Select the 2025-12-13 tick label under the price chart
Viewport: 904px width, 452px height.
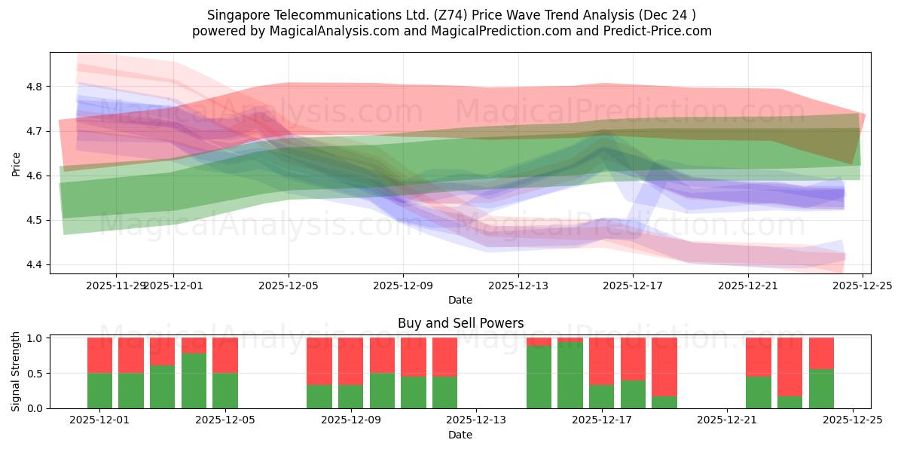coord(518,286)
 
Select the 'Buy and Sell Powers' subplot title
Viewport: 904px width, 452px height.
coord(460,323)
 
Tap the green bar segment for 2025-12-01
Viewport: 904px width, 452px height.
coord(99,390)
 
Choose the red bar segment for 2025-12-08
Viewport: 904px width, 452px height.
coord(319,361)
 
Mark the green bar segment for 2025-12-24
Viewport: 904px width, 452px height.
coord(821,389)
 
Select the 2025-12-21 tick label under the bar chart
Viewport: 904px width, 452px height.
coord(726,420)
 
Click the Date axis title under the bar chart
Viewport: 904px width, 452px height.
coord(460,435)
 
